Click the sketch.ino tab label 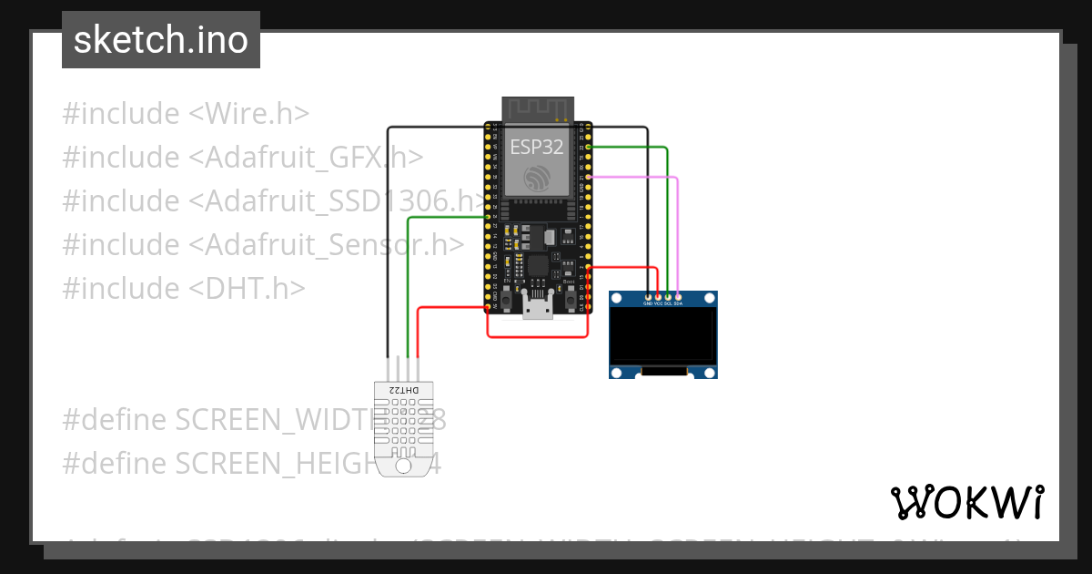click(x=160, y=40)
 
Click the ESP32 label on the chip click(x=536, y=147)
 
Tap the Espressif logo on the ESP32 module click(x=536, y=178)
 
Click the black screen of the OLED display click(x=662, y=335)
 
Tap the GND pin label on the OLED click(x=648, y=304)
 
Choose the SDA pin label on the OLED click(x=678, y=304)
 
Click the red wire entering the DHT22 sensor click(x=418, y=337)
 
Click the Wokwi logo click(x=966, y=502)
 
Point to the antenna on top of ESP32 click(x=537, y=108)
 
